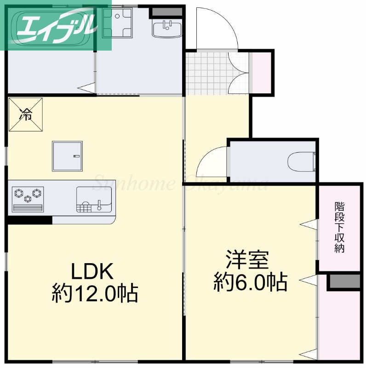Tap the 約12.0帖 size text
click(x=95, y=293)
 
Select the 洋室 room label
click(x=247, y=260)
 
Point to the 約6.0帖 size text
click(x=250, y=282)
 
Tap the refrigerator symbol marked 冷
click(x=26, y=114)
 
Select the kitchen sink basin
click(x=94, y=200)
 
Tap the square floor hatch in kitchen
click(x=67, y=155)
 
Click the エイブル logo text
click(x=57, y=26)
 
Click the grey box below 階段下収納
click(x=344, y=282)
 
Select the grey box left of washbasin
click(x=160, y=12)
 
